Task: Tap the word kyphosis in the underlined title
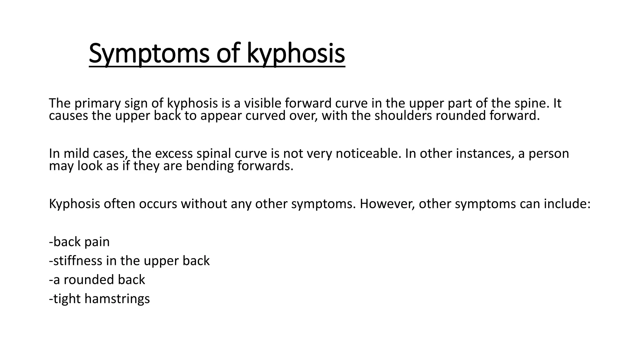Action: [x=296, y=54]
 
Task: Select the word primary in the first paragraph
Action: [x=97, y=103]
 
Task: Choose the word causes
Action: [x=68, y=116]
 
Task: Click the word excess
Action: [x=174, y=153]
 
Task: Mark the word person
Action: [x=549, y=154]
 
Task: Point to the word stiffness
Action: [x=78, y=261]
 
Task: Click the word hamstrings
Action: [x=117, y=299]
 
